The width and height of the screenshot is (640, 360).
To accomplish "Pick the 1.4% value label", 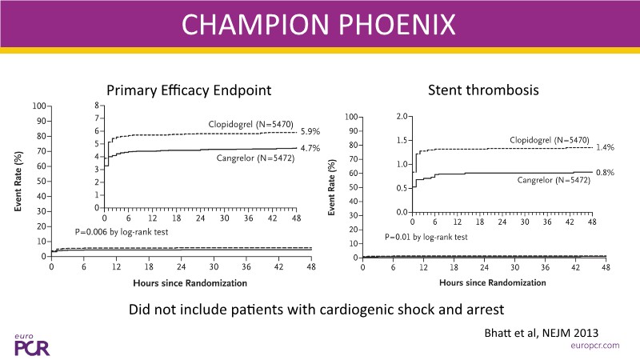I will point(604,147).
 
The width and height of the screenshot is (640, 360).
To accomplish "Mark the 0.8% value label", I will point(604,172).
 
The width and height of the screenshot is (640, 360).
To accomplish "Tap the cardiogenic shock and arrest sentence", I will point(319,309).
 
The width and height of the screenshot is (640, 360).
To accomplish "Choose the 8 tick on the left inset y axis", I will point(97,106).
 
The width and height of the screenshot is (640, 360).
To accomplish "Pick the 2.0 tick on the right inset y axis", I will point(402,117).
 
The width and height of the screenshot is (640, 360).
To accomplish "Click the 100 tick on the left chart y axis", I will point(39,106).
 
